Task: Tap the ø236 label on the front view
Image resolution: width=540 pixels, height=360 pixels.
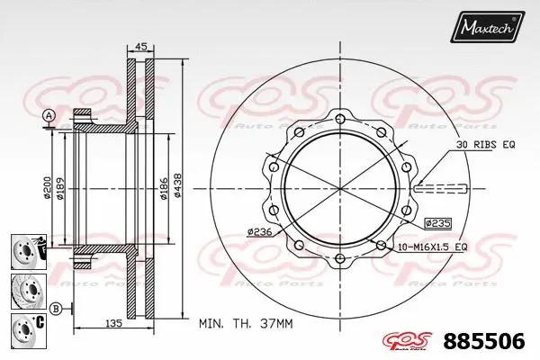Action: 260,232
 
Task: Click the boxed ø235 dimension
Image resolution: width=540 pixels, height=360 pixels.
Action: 437,222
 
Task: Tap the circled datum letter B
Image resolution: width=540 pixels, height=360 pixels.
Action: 57,310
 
